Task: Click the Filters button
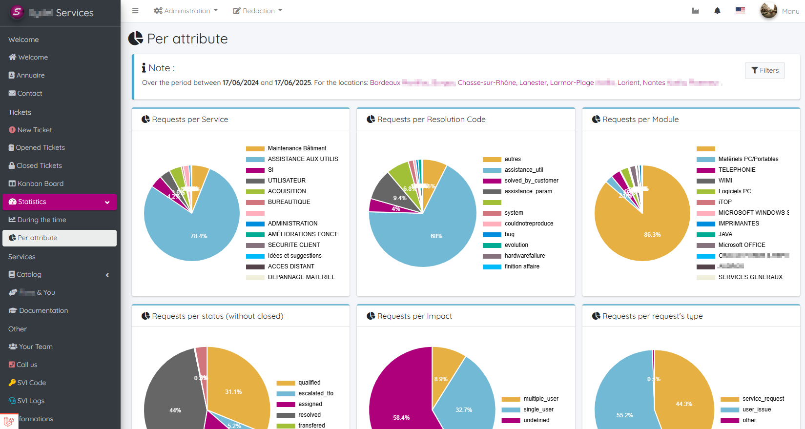point(764,70)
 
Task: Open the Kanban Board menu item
point(40,184)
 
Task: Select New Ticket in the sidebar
point(34,130)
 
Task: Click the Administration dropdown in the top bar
point(186,11)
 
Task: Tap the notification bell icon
point(717,11)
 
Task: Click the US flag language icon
point(740,11)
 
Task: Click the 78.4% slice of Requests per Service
point(199,236)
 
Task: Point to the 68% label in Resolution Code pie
point(436,236)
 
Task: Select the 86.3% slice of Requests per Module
point(652,234)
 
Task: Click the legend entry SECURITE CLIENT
point(293,245)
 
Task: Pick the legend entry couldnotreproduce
point(529,224)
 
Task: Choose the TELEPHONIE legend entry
point(736,170)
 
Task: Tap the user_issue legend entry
point(756,409)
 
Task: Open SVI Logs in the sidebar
point(30,401)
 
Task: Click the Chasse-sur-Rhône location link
point(487,82)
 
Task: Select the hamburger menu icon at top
point(135,11)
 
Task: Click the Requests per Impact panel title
point(414,316)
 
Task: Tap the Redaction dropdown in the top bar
point(258,11)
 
